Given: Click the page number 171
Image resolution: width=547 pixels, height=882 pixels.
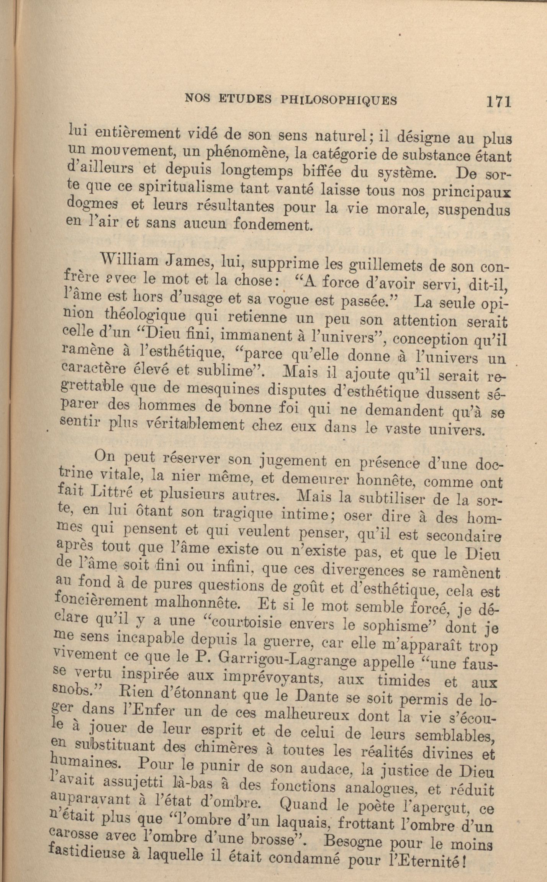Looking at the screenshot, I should (x=499, y=102).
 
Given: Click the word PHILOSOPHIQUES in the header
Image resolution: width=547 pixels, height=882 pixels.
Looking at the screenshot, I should (x=339, y=100).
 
